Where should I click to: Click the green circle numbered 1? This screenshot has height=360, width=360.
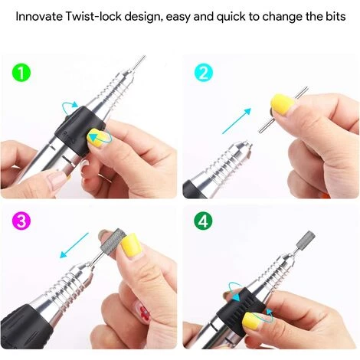[x=21, y=73]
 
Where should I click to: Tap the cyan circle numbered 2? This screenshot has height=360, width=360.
[x=203, y=73]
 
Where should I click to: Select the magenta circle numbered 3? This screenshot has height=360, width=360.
[x=21, y=221]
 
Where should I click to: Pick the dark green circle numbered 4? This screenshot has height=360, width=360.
[x=203, y=221]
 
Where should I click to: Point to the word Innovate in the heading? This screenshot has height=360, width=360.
[x=39, y=17]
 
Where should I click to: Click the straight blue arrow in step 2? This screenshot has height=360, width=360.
[x=237, y=121]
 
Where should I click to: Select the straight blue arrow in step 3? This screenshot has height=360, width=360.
[x=74, y=245]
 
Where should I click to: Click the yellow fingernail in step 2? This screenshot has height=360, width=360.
[x=283, y=104]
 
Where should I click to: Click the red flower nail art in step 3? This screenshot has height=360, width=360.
[x=143, y=312]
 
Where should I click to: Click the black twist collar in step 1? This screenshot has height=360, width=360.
[x=80, y=132]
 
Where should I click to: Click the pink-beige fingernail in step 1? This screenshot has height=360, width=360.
[x=57, y=180]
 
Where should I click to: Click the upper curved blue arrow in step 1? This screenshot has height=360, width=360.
[x=70, y=106]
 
